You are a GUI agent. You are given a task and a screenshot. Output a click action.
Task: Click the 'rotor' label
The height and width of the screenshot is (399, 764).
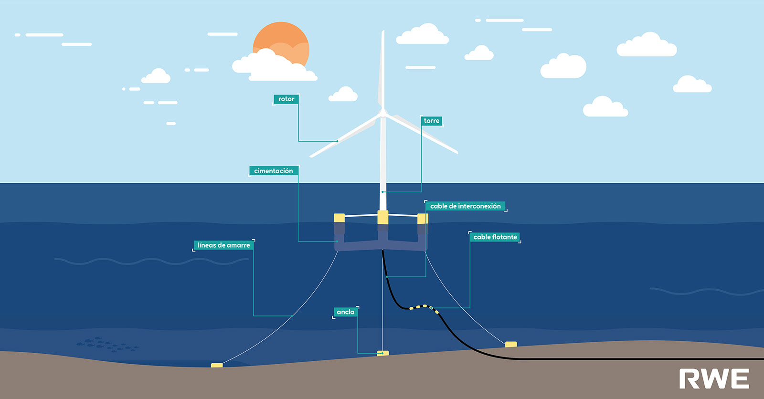(x=286, y=99)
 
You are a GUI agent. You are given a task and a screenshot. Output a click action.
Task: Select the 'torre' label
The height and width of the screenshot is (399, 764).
(x=431, y=121)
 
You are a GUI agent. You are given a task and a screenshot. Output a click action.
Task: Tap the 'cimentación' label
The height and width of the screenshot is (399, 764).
(x=274, y=171)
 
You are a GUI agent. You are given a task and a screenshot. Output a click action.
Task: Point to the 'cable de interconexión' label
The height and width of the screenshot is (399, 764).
(x=465, y=206)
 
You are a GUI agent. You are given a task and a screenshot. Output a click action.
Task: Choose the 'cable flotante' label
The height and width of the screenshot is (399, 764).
(x=495, y=237)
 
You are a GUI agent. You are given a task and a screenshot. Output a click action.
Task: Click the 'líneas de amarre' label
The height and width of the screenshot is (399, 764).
(x=223, y=245)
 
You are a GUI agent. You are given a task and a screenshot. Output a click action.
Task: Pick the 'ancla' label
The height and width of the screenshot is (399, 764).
(x=345, y=312)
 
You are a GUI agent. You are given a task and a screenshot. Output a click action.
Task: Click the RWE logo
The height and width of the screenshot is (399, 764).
(x=714, y=379)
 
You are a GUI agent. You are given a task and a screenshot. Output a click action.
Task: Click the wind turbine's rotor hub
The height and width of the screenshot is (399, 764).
(x=382, y=114)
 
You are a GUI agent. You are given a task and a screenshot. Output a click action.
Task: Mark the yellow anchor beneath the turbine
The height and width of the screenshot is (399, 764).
(x=383, y=354)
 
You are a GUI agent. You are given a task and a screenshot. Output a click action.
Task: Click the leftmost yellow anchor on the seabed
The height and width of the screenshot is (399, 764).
(x=217, y=366)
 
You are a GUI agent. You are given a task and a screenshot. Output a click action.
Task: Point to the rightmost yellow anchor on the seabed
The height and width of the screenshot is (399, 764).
(x=511, y=344)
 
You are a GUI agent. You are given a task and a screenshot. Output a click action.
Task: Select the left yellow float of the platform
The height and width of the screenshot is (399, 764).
(x=339, y=218)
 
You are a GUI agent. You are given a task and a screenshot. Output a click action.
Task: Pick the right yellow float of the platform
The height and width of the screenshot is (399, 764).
(x=423, y=219)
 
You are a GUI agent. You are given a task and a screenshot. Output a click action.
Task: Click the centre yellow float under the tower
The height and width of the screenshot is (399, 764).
(x=382, y=217)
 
